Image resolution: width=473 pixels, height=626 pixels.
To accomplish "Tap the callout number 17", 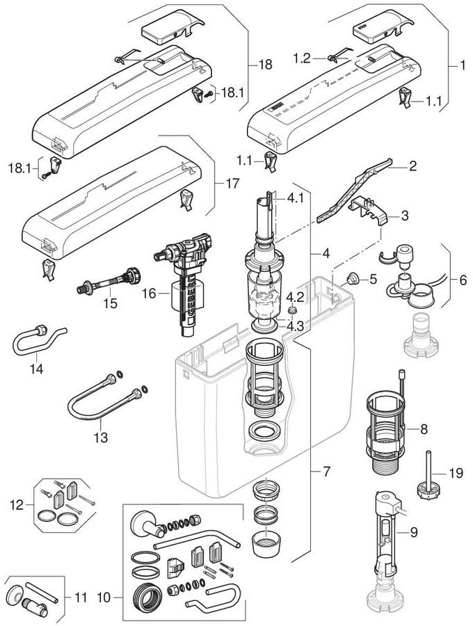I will (232, 184).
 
